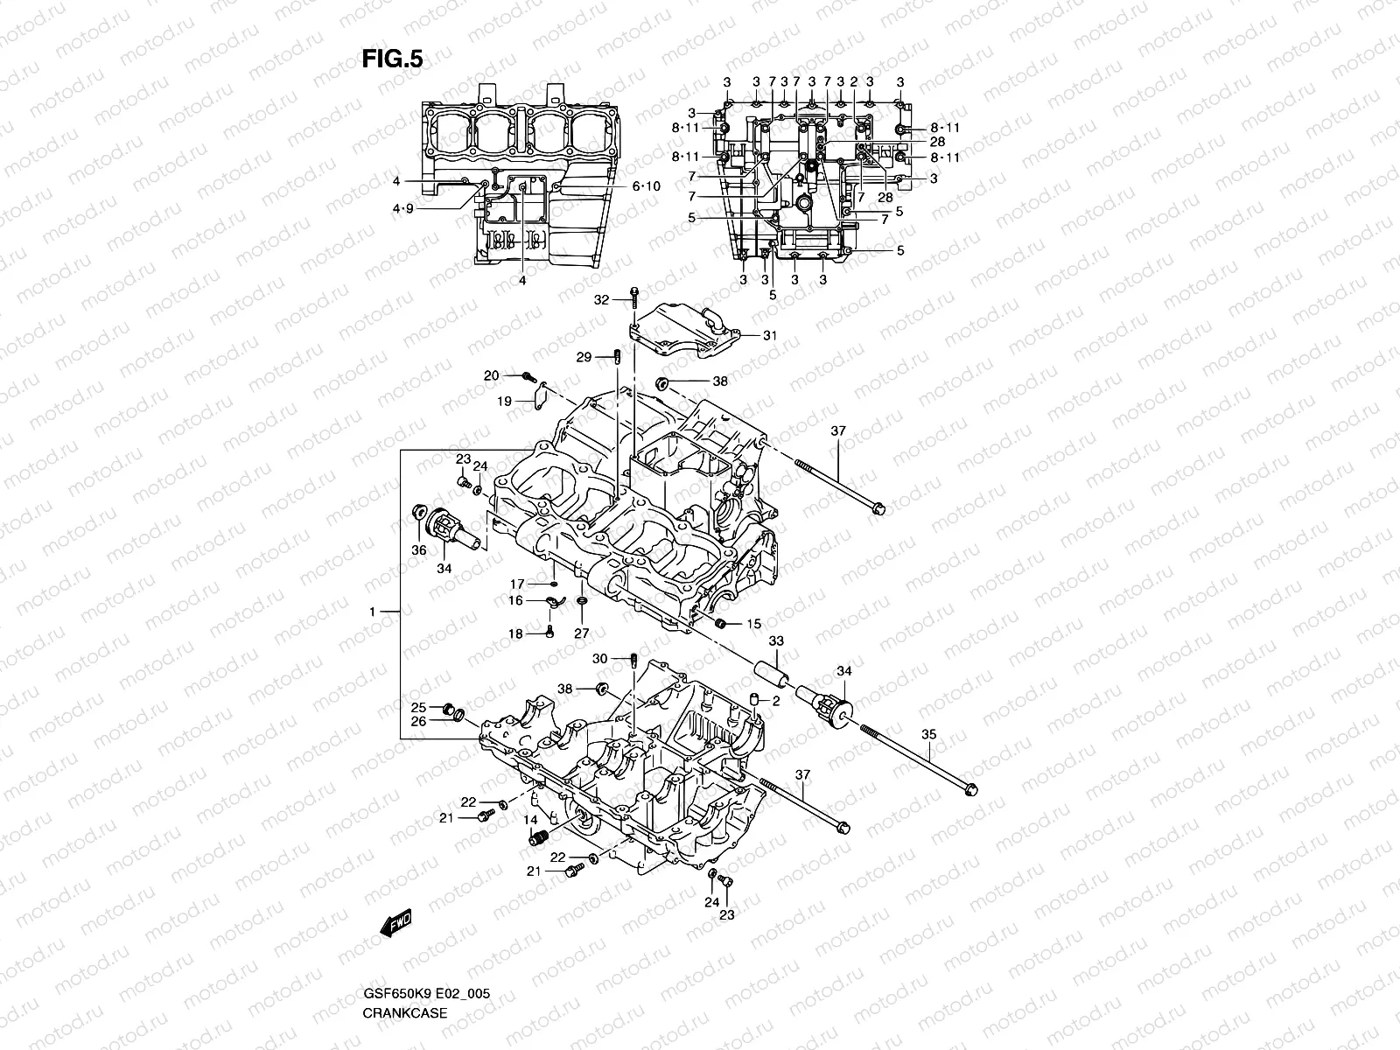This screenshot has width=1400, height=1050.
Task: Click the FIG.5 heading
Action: (393, 59)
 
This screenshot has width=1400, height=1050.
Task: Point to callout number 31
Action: (769, 335)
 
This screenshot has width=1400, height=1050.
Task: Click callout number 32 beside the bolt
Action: (600, 299)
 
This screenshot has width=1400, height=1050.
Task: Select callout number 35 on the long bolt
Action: (929, 735)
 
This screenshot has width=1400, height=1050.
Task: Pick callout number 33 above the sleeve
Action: (776, 641)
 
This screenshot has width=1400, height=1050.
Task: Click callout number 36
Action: (419, 549)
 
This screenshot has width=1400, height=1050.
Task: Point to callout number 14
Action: (530, 819)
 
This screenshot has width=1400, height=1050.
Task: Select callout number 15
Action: (753, 624)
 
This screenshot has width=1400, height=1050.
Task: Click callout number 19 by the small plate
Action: (504, 401)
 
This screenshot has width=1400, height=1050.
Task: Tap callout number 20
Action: (492, 375)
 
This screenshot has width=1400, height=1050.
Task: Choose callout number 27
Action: (582, 633)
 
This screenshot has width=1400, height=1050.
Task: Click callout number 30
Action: (599, 659)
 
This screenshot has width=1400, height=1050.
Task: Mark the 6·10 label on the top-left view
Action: (647, 186)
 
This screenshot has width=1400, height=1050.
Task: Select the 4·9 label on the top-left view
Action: (403, 208)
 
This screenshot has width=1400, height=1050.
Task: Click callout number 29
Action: (584, 356)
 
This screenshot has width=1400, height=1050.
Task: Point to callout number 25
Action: (419, 707)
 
